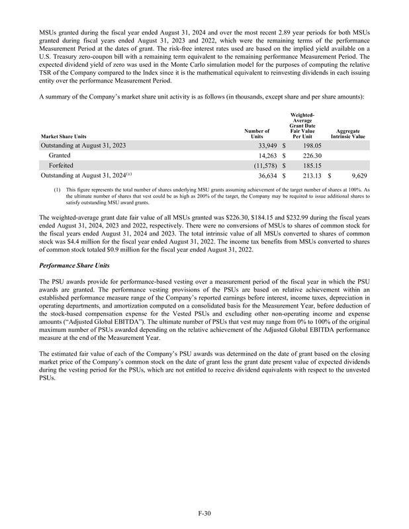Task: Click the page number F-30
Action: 204,512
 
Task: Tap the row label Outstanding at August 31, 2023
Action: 83,145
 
